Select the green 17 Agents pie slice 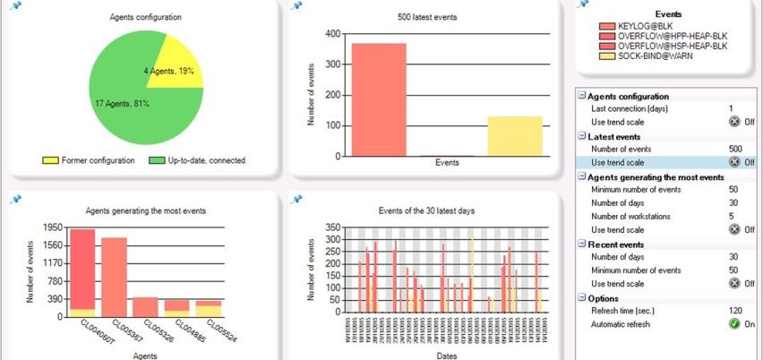(134, 99)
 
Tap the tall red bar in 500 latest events (378, 99)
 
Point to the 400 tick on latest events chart (332, 34)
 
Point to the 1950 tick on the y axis (53, 227)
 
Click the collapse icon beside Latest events (581, 136)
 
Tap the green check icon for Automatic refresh (734, 323)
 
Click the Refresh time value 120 (734, 310)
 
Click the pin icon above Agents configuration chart (14, 4)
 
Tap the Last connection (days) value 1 (731, 108)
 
